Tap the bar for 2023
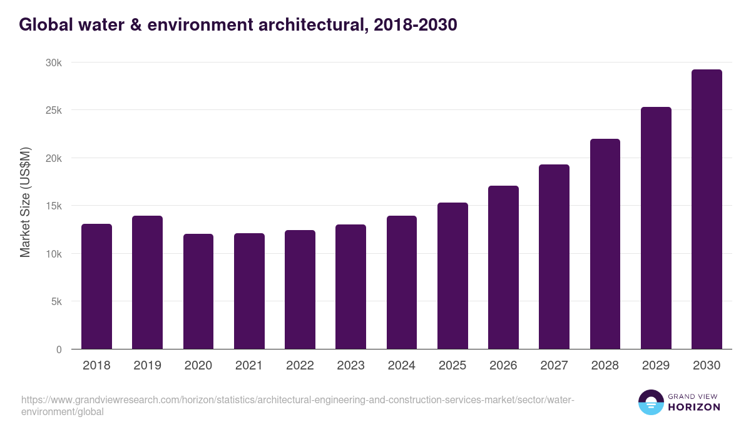350,287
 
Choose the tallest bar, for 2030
707,209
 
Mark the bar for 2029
656,228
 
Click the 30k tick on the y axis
53,63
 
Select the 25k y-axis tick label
53,110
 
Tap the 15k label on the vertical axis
53,206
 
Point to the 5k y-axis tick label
56,301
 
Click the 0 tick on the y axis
59,349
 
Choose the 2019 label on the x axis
147,366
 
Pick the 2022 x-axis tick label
300,366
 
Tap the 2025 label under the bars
452,366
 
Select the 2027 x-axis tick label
554,366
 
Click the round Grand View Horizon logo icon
651,403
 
